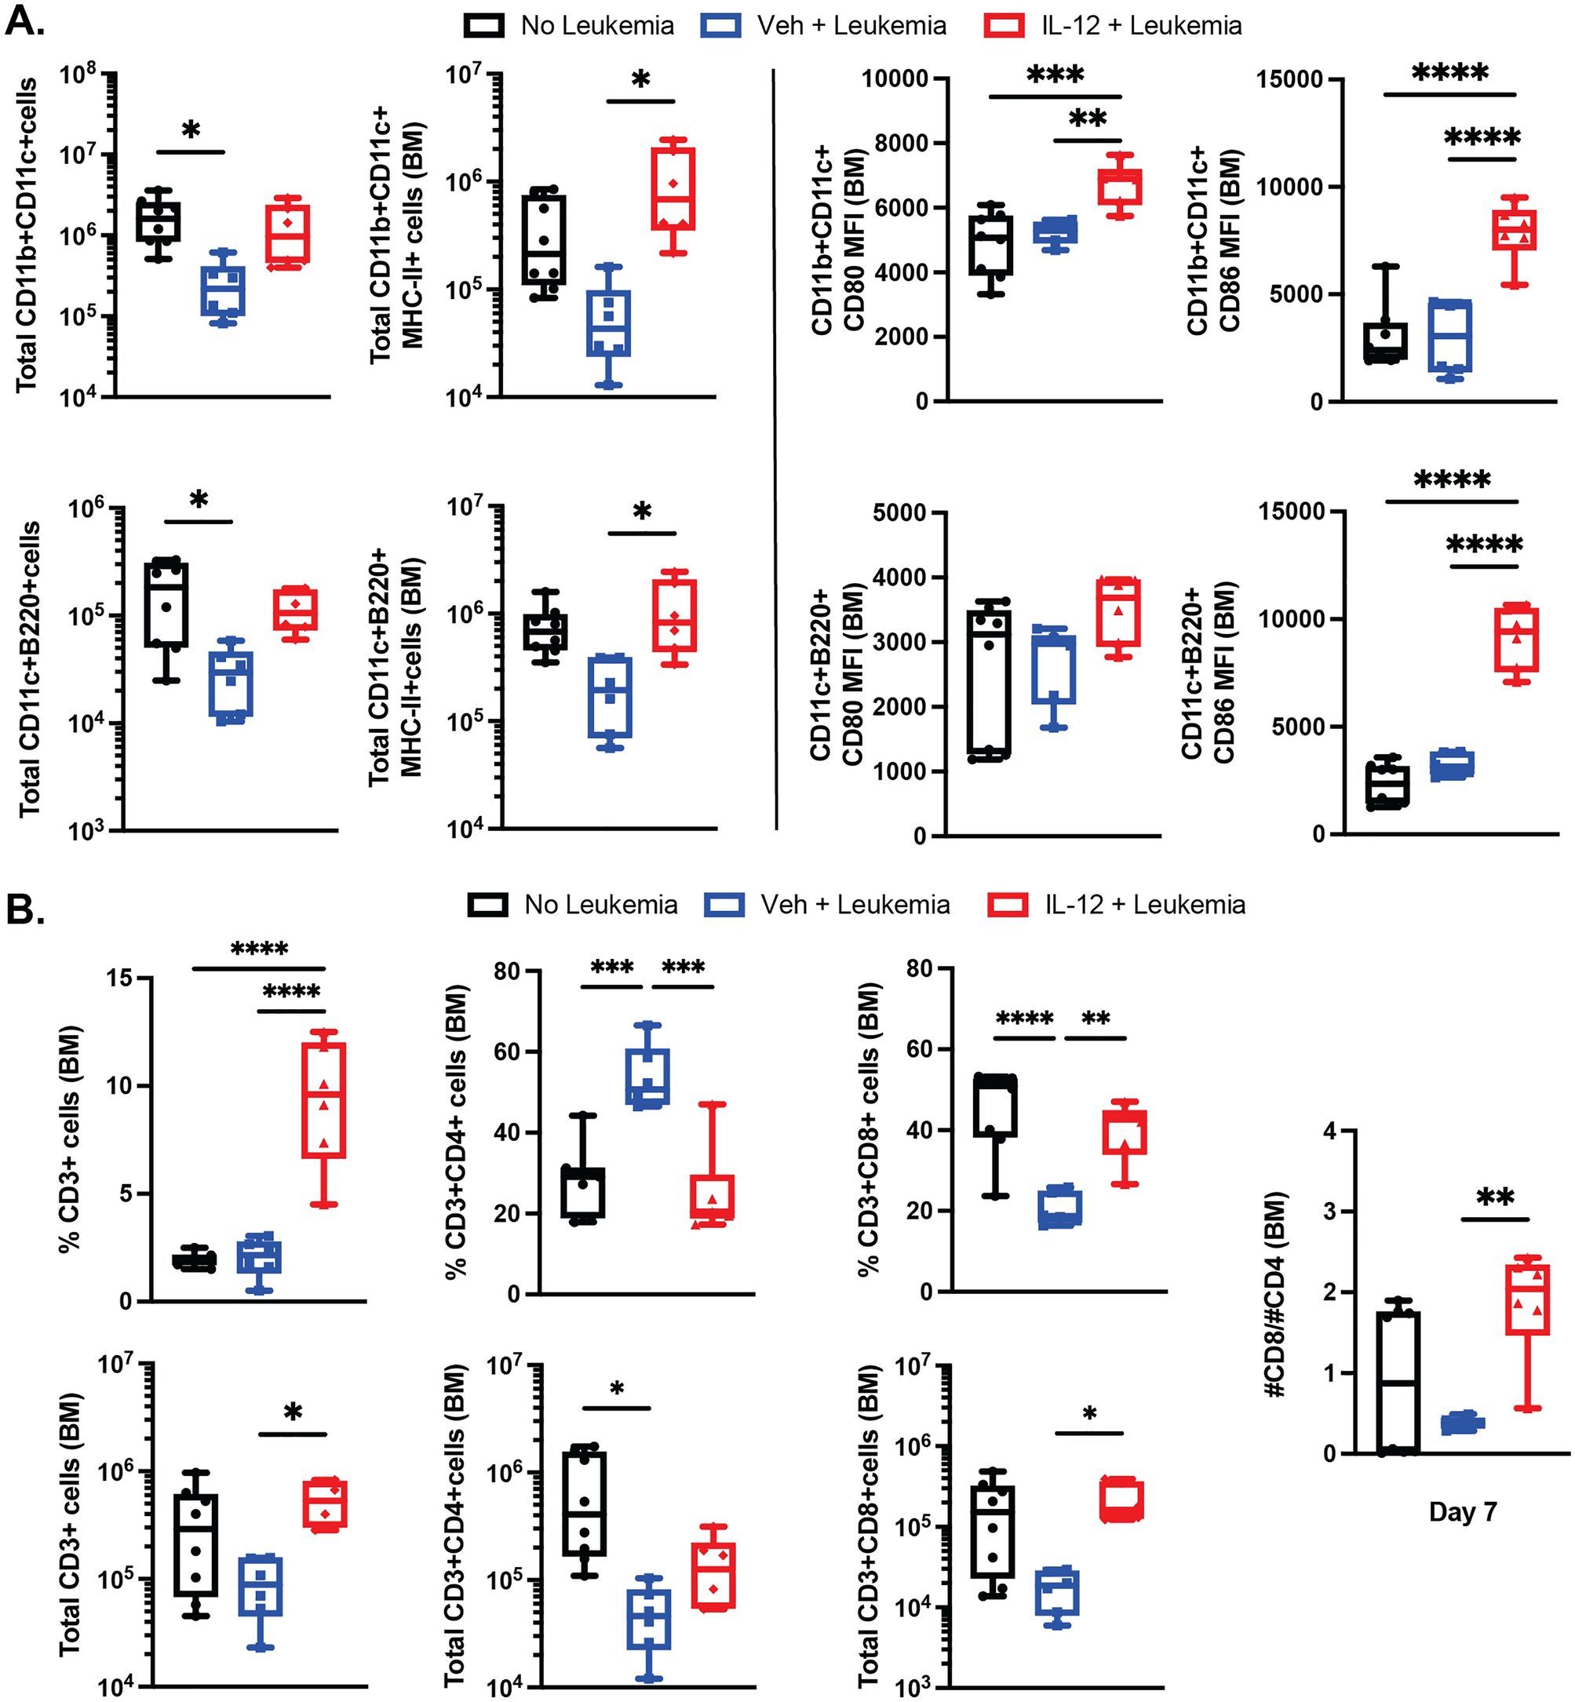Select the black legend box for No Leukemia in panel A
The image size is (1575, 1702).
coord(484,26)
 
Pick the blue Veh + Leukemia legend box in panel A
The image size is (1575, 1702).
coord(721,26)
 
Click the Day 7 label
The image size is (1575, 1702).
coord(1463,1512)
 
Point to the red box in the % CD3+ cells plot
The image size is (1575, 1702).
coord(324,1099)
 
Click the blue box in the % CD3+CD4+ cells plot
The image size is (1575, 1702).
coord(647,1077)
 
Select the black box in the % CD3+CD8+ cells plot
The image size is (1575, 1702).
coord(994,1106)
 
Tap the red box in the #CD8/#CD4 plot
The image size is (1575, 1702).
coord(1527,1299)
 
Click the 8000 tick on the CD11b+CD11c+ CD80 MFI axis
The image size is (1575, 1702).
coord(899,142)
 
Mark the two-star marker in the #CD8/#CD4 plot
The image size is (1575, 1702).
coord(1495,1197)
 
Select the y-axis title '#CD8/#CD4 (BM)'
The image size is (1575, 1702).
coord(1275,1294)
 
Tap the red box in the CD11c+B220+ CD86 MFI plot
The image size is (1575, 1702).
coord(1516,639)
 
